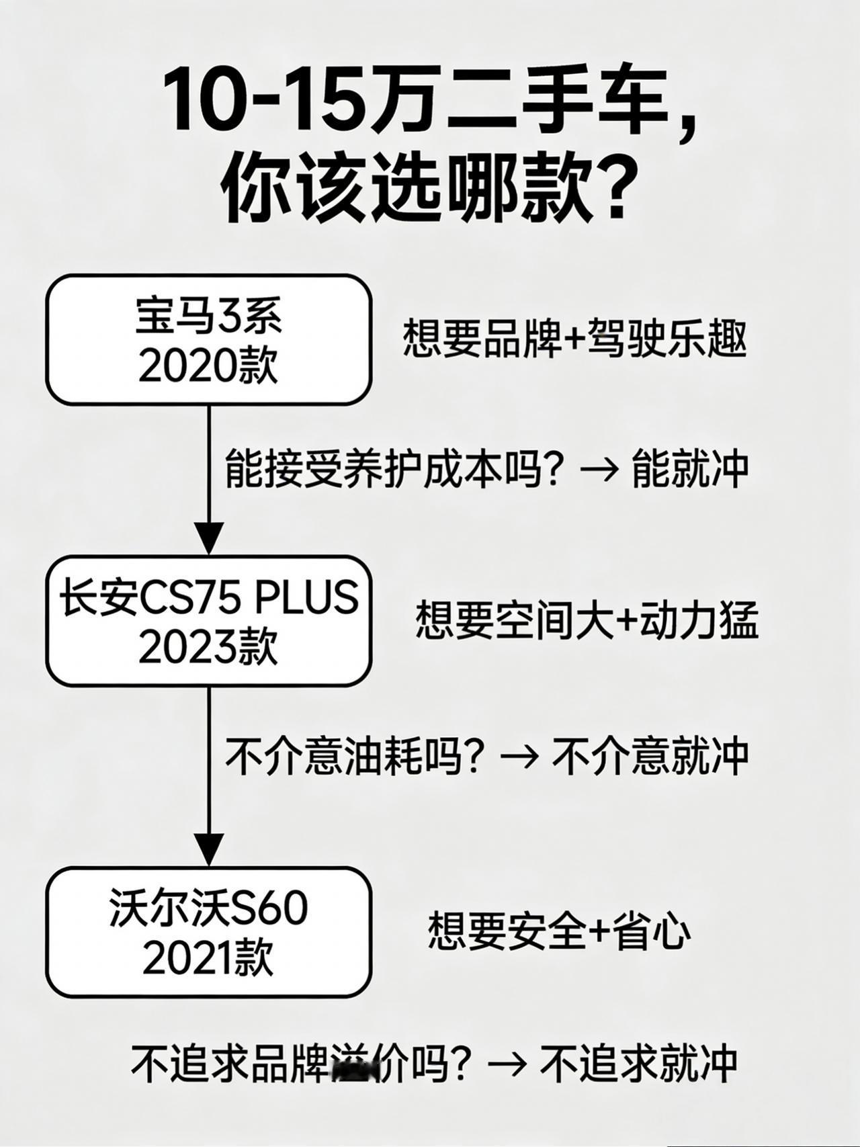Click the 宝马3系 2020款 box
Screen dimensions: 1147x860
208,340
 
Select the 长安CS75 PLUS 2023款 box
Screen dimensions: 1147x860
208,621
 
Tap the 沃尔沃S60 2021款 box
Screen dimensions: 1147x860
208,933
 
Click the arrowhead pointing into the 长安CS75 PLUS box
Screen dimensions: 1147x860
209,538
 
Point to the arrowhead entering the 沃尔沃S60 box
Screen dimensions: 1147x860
209,849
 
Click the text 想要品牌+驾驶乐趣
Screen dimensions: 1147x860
574,339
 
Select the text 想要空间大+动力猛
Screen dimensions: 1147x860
587,620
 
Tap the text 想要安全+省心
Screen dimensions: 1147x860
559,931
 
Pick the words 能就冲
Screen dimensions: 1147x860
690,468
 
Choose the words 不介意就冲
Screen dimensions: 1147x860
650,756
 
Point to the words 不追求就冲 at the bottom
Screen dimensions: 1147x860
638,1063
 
